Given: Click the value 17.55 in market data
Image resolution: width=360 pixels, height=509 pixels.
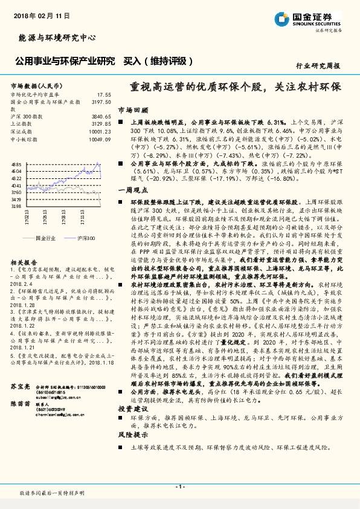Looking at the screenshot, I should pos(104,95).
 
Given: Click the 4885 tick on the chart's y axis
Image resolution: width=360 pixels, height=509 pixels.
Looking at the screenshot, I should pos(16,164).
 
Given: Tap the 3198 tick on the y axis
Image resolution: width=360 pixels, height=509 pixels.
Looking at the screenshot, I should pos(16,206).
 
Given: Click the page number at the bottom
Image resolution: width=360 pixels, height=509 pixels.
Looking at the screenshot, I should pos(179,486).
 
